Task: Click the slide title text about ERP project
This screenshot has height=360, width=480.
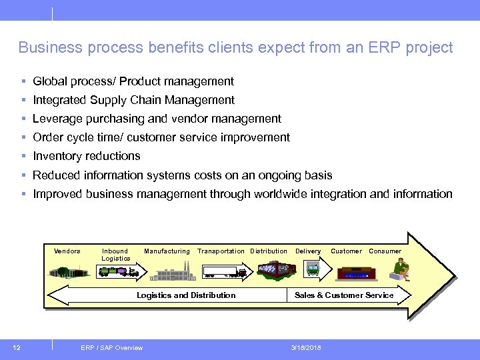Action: tap(235, 48)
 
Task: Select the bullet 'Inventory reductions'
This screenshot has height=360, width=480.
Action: tap(87, 156)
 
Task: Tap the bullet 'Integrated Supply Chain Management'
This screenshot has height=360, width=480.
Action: tap(133, 100)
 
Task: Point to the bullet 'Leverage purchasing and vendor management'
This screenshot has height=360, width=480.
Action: tap(157, 119)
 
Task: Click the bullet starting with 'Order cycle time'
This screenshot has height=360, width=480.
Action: tap(161, 137)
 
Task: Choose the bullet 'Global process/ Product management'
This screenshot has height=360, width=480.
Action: tap(133, 81)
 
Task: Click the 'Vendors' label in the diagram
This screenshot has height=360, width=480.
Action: tap(67, 251)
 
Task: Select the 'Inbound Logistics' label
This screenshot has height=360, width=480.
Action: tap(115, 255)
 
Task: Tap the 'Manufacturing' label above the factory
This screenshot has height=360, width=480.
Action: tap(167, 251)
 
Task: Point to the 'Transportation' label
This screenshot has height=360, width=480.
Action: tap(221, 251)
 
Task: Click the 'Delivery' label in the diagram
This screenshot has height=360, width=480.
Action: tap(308, 251)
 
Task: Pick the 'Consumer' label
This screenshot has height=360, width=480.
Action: tap(385, 251)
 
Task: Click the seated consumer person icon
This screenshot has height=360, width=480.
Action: tap(401, 269)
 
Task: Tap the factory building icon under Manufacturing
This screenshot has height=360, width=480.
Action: tap(172, 271)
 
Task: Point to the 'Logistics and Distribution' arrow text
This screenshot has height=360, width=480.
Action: tap(186, 295)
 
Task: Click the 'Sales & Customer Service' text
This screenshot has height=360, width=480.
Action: tap(344, 295)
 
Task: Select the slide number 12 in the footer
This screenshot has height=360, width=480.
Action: tap(17, 347)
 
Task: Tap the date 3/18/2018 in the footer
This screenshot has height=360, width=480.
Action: tap(306, 347)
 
